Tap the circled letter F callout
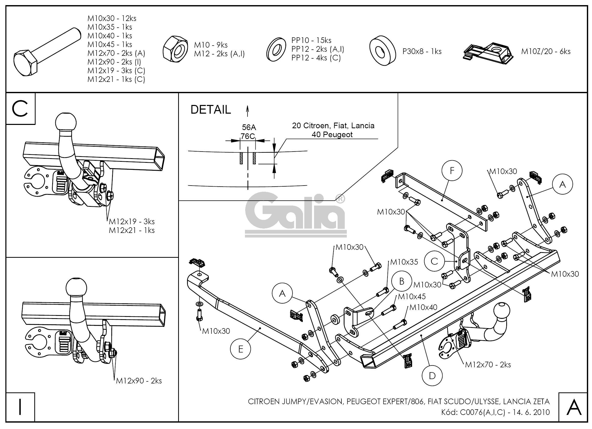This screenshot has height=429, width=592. pos(452,170)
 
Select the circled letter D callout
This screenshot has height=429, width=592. pos(432,376)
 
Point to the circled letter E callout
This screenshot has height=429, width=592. pos(240,349)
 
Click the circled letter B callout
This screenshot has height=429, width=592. pos(402,281)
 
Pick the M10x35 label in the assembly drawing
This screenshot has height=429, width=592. pos(404,262)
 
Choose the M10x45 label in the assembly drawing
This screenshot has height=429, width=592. pos(412,296)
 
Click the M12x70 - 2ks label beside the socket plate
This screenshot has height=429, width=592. pos(488,364)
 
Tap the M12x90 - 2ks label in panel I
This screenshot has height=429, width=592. pos(139,381)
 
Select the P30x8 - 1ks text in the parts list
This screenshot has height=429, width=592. pos(422,51)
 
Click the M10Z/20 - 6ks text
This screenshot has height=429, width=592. pos(546,51)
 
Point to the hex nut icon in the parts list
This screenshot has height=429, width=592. pos(175,50)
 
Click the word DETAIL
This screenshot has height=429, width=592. pos(211,110)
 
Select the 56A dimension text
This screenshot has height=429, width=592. pos(249,127)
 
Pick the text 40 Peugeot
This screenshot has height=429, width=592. pos(332,135)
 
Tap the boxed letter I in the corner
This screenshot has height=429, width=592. pos(20,406)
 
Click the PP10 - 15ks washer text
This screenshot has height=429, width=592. pos(311,40)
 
